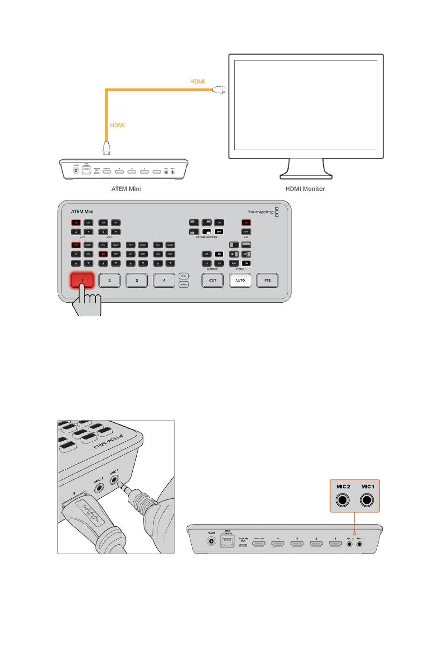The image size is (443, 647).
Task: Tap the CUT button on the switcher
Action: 213,280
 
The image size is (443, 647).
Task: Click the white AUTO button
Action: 240,280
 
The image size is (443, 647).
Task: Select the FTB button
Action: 267,280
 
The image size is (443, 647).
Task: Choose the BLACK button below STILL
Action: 184,285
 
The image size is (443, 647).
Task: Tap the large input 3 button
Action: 137,280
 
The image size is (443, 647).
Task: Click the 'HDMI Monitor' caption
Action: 305,189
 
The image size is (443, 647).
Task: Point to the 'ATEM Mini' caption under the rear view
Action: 126,189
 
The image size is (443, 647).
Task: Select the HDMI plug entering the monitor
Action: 219,90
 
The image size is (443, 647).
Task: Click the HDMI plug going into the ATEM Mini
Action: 107,149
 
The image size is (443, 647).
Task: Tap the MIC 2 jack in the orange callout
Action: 344,501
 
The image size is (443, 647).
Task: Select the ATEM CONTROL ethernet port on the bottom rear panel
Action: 228,542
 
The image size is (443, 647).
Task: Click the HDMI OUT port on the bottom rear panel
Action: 259,544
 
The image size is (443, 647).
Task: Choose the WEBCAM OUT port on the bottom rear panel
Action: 243,544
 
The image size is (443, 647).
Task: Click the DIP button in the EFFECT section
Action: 246,264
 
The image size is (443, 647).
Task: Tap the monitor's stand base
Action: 306,176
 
